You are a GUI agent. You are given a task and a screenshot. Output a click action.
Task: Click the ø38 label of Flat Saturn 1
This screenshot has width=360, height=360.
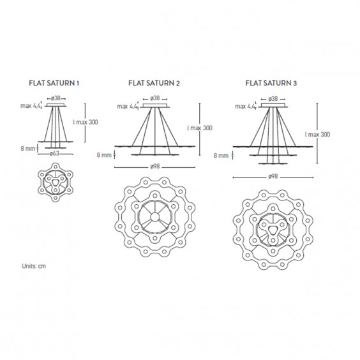point(56,98)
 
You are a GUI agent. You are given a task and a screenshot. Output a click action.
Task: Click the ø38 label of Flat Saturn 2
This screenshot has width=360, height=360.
point(154,98)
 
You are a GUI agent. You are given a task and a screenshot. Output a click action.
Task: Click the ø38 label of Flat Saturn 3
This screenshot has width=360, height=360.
point(273,98)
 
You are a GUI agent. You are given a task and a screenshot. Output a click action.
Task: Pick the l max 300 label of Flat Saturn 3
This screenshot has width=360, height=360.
point(317,135)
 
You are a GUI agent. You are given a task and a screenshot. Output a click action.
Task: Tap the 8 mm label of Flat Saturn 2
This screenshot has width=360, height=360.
point(103,154)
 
